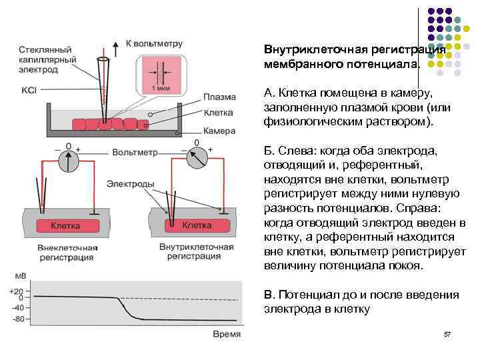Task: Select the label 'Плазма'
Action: (x=219, y=96)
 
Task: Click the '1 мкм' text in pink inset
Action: (x=161, y=88)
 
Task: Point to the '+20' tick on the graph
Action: (x=16, y=291)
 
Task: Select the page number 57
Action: (x=447, y=333)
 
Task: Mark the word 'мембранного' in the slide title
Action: (x=298, y=65)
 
